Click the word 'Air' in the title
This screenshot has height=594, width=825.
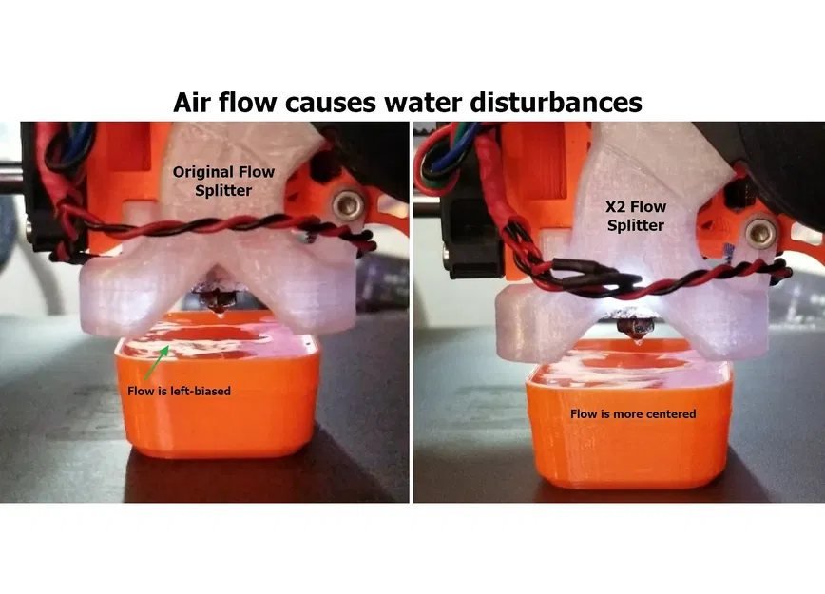[192, 102]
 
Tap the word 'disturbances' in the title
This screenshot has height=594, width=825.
[556, 102]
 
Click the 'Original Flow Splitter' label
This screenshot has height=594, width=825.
[223, 181]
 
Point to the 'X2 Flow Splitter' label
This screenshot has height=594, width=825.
[636, 216]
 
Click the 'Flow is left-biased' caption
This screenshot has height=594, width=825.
[179, 391]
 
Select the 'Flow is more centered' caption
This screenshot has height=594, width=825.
[633, 414]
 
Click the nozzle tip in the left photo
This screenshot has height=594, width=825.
[219, 314]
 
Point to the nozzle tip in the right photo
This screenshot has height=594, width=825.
[639, 341]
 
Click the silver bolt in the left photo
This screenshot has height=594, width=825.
[348, 204]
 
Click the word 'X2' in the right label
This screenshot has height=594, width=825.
[616, 207]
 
